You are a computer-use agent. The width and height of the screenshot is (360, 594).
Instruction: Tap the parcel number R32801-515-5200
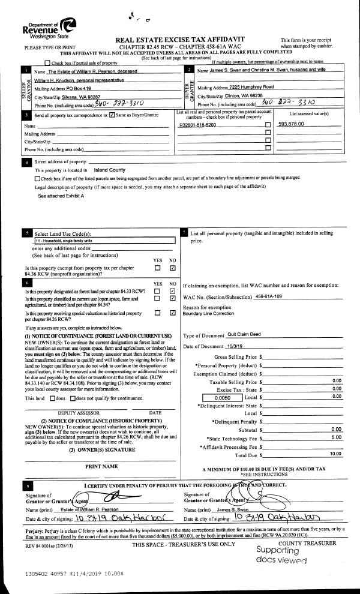pyautogui.click(x=198, y=124)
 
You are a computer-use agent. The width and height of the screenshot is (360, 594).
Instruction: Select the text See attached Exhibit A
pyautogui.click(x=61, y=196)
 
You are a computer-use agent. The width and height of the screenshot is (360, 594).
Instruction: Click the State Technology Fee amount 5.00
pyautogui.click(x=336, y=437)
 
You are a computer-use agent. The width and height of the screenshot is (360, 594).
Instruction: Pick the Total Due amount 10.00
pyautogui.click(x=335, y=454)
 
